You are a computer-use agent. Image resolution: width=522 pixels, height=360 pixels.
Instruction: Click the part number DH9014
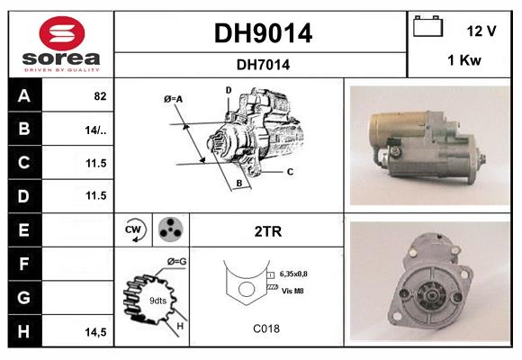click(x=262, y=33)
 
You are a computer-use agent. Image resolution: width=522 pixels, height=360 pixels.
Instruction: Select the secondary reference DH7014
click(x=262, y=64)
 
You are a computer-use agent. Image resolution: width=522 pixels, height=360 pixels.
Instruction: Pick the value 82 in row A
click(x=100, y=95)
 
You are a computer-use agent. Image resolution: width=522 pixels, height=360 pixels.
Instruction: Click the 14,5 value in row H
click(x=96, y=332)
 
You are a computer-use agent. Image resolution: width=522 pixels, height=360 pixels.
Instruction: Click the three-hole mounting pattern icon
click(x=169, y=230)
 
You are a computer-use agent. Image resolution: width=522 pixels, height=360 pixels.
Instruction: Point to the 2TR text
click(x=269, y=231)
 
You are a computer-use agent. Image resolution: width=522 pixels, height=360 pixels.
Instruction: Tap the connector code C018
click(x=265, y=328)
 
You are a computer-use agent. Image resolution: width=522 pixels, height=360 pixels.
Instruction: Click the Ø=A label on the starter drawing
click(x=174, y=98)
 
